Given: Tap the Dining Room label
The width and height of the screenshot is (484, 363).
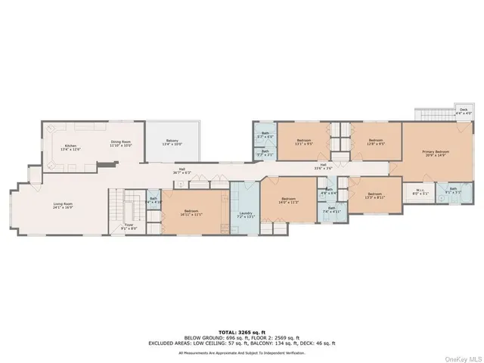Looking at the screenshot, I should click(122, 142).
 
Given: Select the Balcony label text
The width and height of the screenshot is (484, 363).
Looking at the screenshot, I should click(173, 141).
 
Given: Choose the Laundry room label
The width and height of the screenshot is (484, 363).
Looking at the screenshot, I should click(245, 214).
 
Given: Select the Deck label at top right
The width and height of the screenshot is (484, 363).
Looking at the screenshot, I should click(463, 111).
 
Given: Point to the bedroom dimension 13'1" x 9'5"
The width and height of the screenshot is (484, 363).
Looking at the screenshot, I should click(305, 143).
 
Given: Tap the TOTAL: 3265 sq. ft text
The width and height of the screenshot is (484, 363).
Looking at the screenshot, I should click(242, 331).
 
